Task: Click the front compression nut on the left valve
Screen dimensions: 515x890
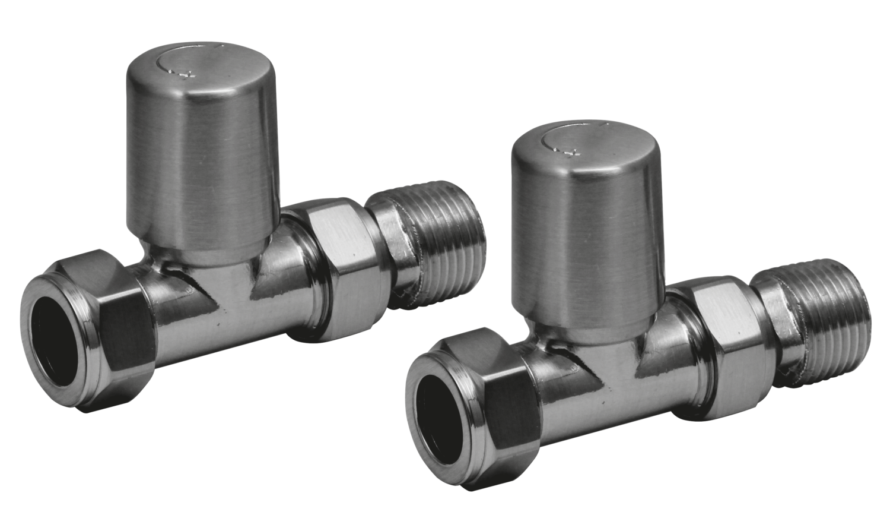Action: pos(89,333)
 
